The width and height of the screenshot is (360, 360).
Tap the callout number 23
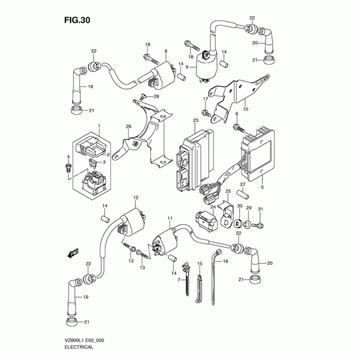point(195,121)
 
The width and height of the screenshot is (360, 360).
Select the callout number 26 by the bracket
point(128,127)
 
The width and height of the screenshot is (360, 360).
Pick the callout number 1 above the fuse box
point(99,125)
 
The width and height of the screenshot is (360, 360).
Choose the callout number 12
point(135,198)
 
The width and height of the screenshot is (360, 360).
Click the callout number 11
point(170,219)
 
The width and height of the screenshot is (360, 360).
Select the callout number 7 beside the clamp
point(178,280)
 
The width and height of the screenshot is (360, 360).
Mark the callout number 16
point(226,261)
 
